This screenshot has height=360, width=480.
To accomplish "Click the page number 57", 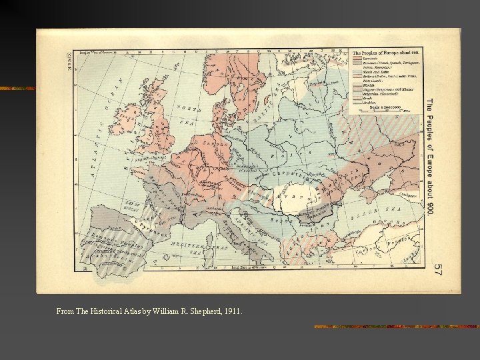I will point(437,269).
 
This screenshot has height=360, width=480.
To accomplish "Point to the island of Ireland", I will point(125,121).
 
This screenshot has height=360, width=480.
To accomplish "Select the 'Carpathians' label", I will point(294,175).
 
